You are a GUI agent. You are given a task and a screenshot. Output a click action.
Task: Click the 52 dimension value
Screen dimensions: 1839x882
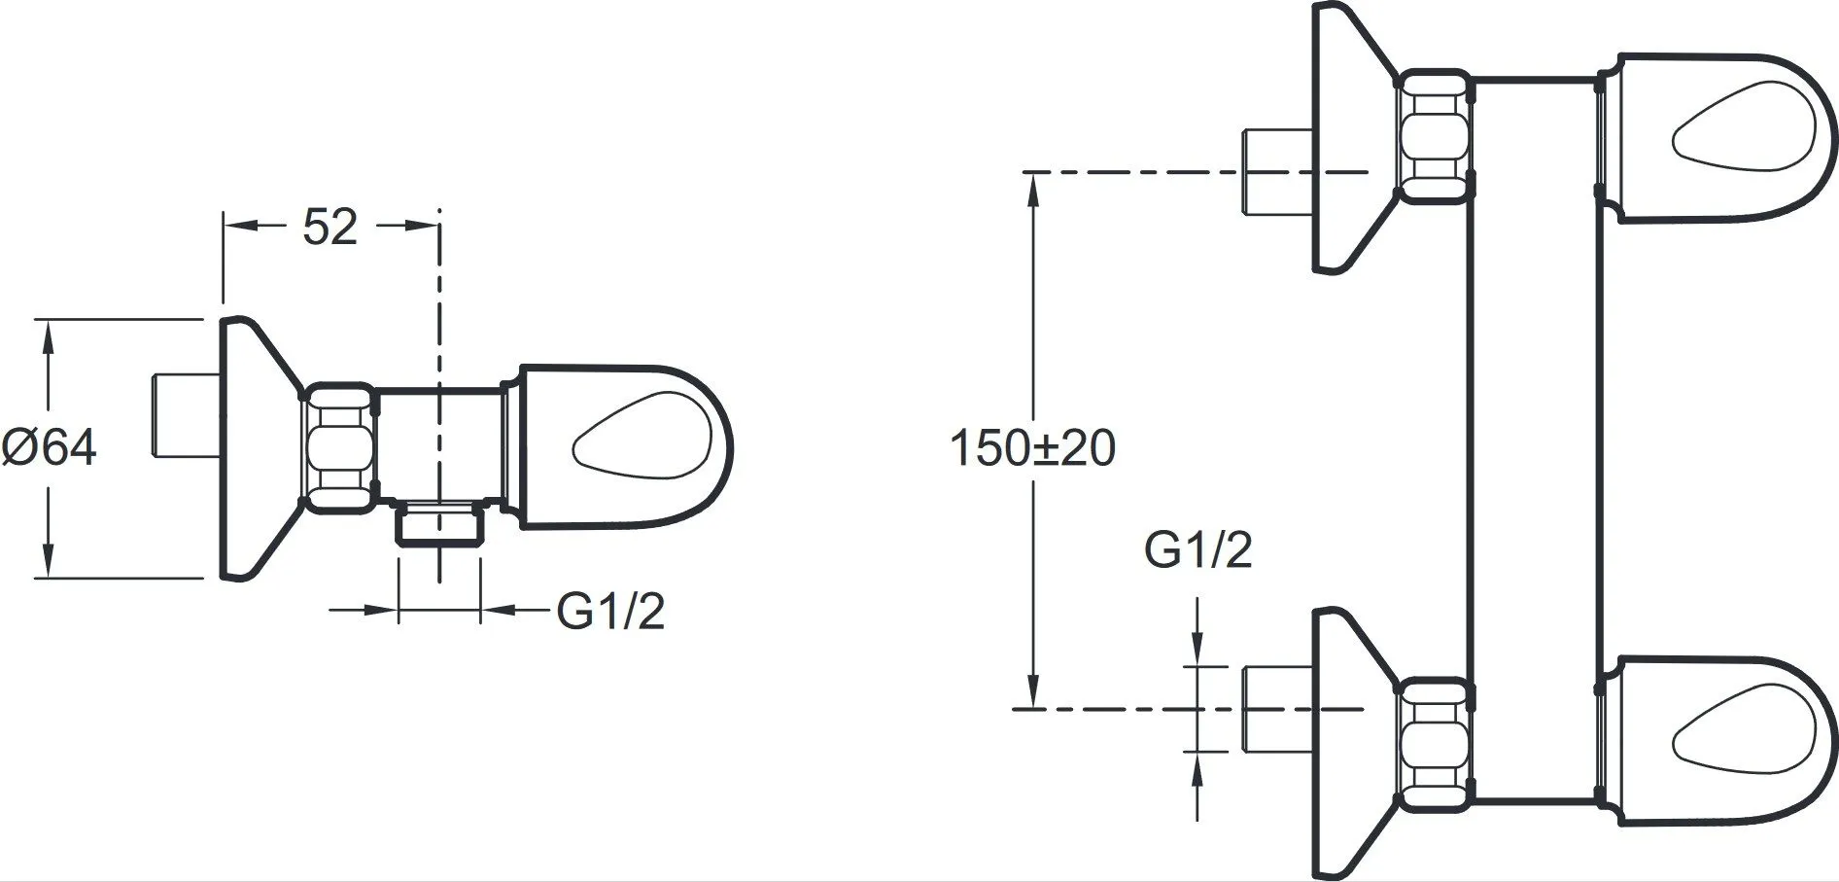pos(330,228)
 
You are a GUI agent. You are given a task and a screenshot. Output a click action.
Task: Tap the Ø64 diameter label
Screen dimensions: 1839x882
pos(50,448)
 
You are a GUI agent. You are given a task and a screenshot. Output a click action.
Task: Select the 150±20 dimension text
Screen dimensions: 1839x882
pos(1032,448)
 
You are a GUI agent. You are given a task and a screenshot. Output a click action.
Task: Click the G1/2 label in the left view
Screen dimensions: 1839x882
pos(610,612)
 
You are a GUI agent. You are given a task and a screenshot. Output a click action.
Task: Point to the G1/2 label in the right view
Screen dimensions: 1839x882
pos(1197,550)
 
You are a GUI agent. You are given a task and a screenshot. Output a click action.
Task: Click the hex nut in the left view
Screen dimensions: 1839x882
pos(340,446)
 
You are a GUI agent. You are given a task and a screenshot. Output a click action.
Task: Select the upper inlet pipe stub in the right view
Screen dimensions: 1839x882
pos(1278,169)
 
